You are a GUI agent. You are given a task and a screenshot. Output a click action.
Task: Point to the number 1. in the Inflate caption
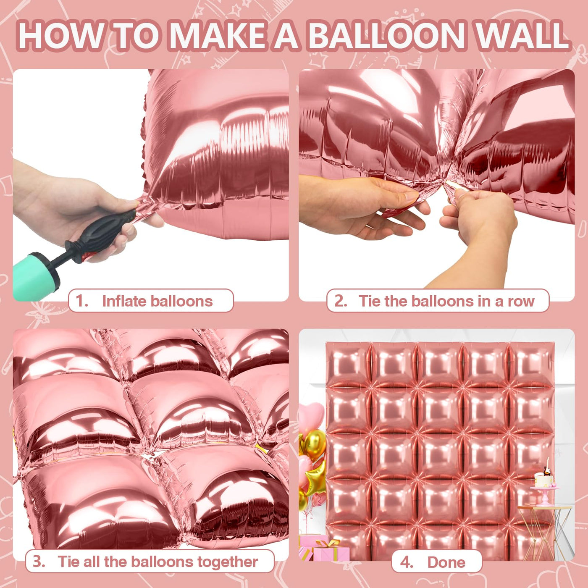[x=82, y=301]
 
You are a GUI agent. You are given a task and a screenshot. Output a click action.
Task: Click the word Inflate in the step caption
[x=124, y=301]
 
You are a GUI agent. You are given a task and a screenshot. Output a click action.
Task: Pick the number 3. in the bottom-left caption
[x=39, y=562]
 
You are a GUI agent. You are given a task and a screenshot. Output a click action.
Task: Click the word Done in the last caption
[x=446, y=562]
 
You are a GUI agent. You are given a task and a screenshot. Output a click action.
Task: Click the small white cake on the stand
[x=543, y=480]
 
